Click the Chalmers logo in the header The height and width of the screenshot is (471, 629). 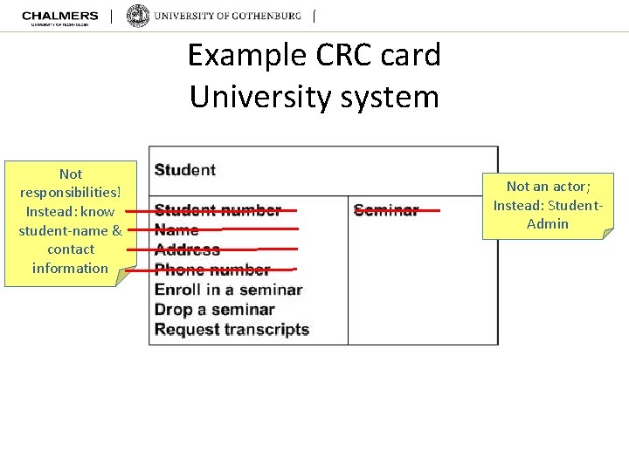point(59,17)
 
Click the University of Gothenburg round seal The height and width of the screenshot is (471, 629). point(138,17)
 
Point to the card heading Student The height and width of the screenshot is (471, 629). point(185,169)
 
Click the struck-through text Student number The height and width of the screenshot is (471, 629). point(218,210)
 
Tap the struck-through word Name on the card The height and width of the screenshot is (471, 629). point(176,230)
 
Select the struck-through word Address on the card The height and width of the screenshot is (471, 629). point(187,249)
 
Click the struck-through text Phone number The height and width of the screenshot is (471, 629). point(212,270)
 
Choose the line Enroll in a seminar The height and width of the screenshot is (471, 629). point(228,290)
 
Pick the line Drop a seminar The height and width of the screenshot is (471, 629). point(214,310)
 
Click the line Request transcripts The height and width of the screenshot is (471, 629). point(232,330)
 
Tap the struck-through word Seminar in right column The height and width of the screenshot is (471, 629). point(386,210)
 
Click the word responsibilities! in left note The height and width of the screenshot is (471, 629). point(71,193)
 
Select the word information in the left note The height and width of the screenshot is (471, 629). point(70,268)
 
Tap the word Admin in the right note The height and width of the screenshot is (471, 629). point(547,223)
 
